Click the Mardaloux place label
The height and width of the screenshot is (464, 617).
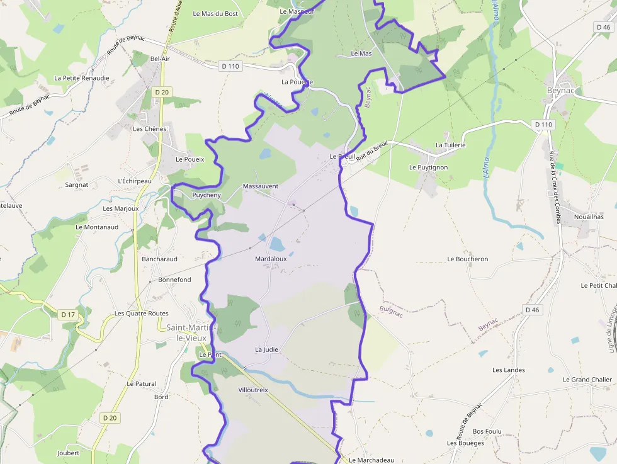(x=271, y=259)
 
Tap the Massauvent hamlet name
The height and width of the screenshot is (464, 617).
(x=260, y=186)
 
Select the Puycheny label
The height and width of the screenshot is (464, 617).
(x=206, y=195)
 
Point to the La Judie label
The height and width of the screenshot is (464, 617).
(x=266, y=349)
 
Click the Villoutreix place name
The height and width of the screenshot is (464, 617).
(x=253, y=390)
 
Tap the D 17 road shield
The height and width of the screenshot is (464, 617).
(x=68, y=314)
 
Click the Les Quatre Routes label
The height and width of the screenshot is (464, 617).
(x=141, y=314)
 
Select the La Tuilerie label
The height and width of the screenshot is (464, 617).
(x=450, y=145)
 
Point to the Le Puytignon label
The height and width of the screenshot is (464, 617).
(x=428, y=167)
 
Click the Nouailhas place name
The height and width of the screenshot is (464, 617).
(x=589, y=217)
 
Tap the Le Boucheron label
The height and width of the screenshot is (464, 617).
(x=467, y=259)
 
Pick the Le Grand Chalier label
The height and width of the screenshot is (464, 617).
(x=587, y=380)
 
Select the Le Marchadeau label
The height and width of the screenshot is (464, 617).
(x=371, y=460)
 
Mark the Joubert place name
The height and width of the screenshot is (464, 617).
(x=68, y=453)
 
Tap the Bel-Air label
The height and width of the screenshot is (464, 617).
(x=160, y=59)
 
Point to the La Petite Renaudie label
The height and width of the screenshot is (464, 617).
(x=81, y=78)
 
